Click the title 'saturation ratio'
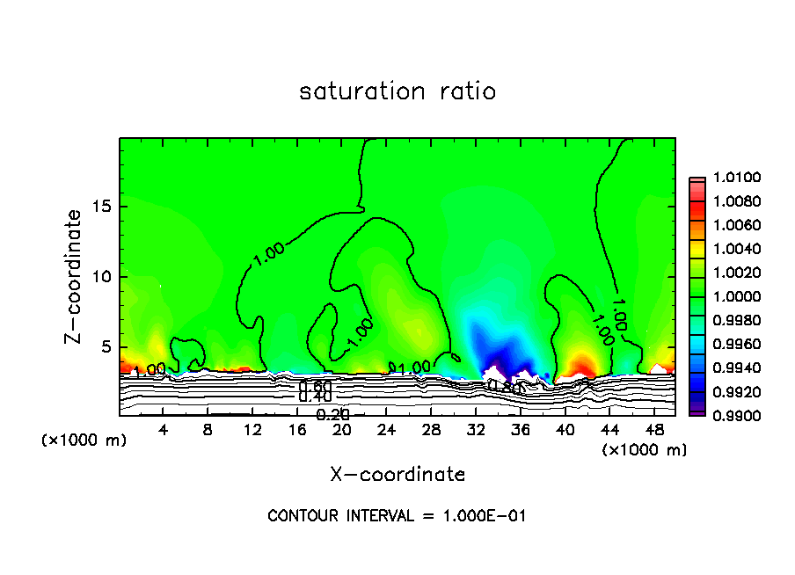pos(397,91)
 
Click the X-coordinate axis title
pos(397,475)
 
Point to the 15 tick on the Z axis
pos(103,207)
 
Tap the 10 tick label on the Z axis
pos(103,277)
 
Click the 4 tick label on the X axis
pos(164,430)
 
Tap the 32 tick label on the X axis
pos(476,430)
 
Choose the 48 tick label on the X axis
pos(654,430)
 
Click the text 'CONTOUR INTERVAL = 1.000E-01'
pos(397,516)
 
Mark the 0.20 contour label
pos(332,415)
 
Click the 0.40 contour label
pos(315,397)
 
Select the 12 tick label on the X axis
pos(252,430)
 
